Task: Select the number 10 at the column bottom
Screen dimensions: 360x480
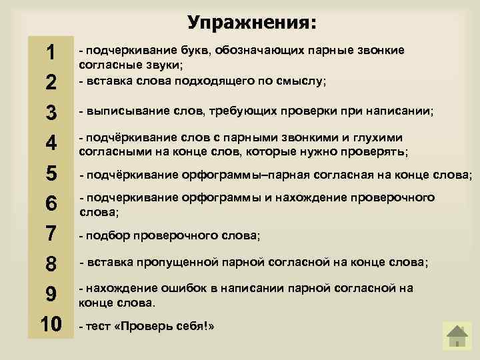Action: click(51, 325)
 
